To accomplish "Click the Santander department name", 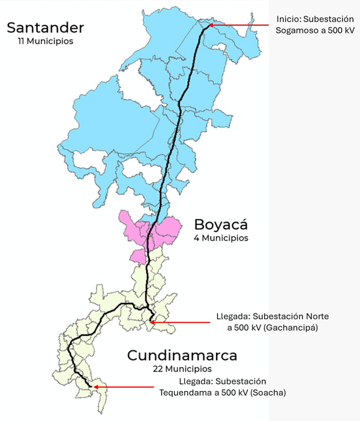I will (x=45, y=28).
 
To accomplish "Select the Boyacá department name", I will (x=221, y=225).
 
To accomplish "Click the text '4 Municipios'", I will (x=221, y=238).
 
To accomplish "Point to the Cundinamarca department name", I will (x=182, y=355).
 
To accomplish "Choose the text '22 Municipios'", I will (x=182, y=368).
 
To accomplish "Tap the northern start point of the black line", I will (x=209, y=25).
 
